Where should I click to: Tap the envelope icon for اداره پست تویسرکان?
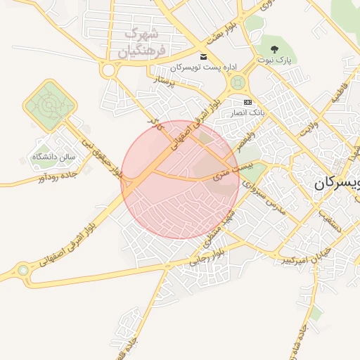(204, 57)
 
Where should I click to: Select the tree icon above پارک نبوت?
(274, 49)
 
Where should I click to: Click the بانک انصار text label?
(247, 112)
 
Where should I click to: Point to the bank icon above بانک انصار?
(247, 102)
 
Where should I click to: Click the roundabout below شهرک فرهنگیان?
(109, 70)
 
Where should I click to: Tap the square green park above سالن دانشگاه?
(49, 105)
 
